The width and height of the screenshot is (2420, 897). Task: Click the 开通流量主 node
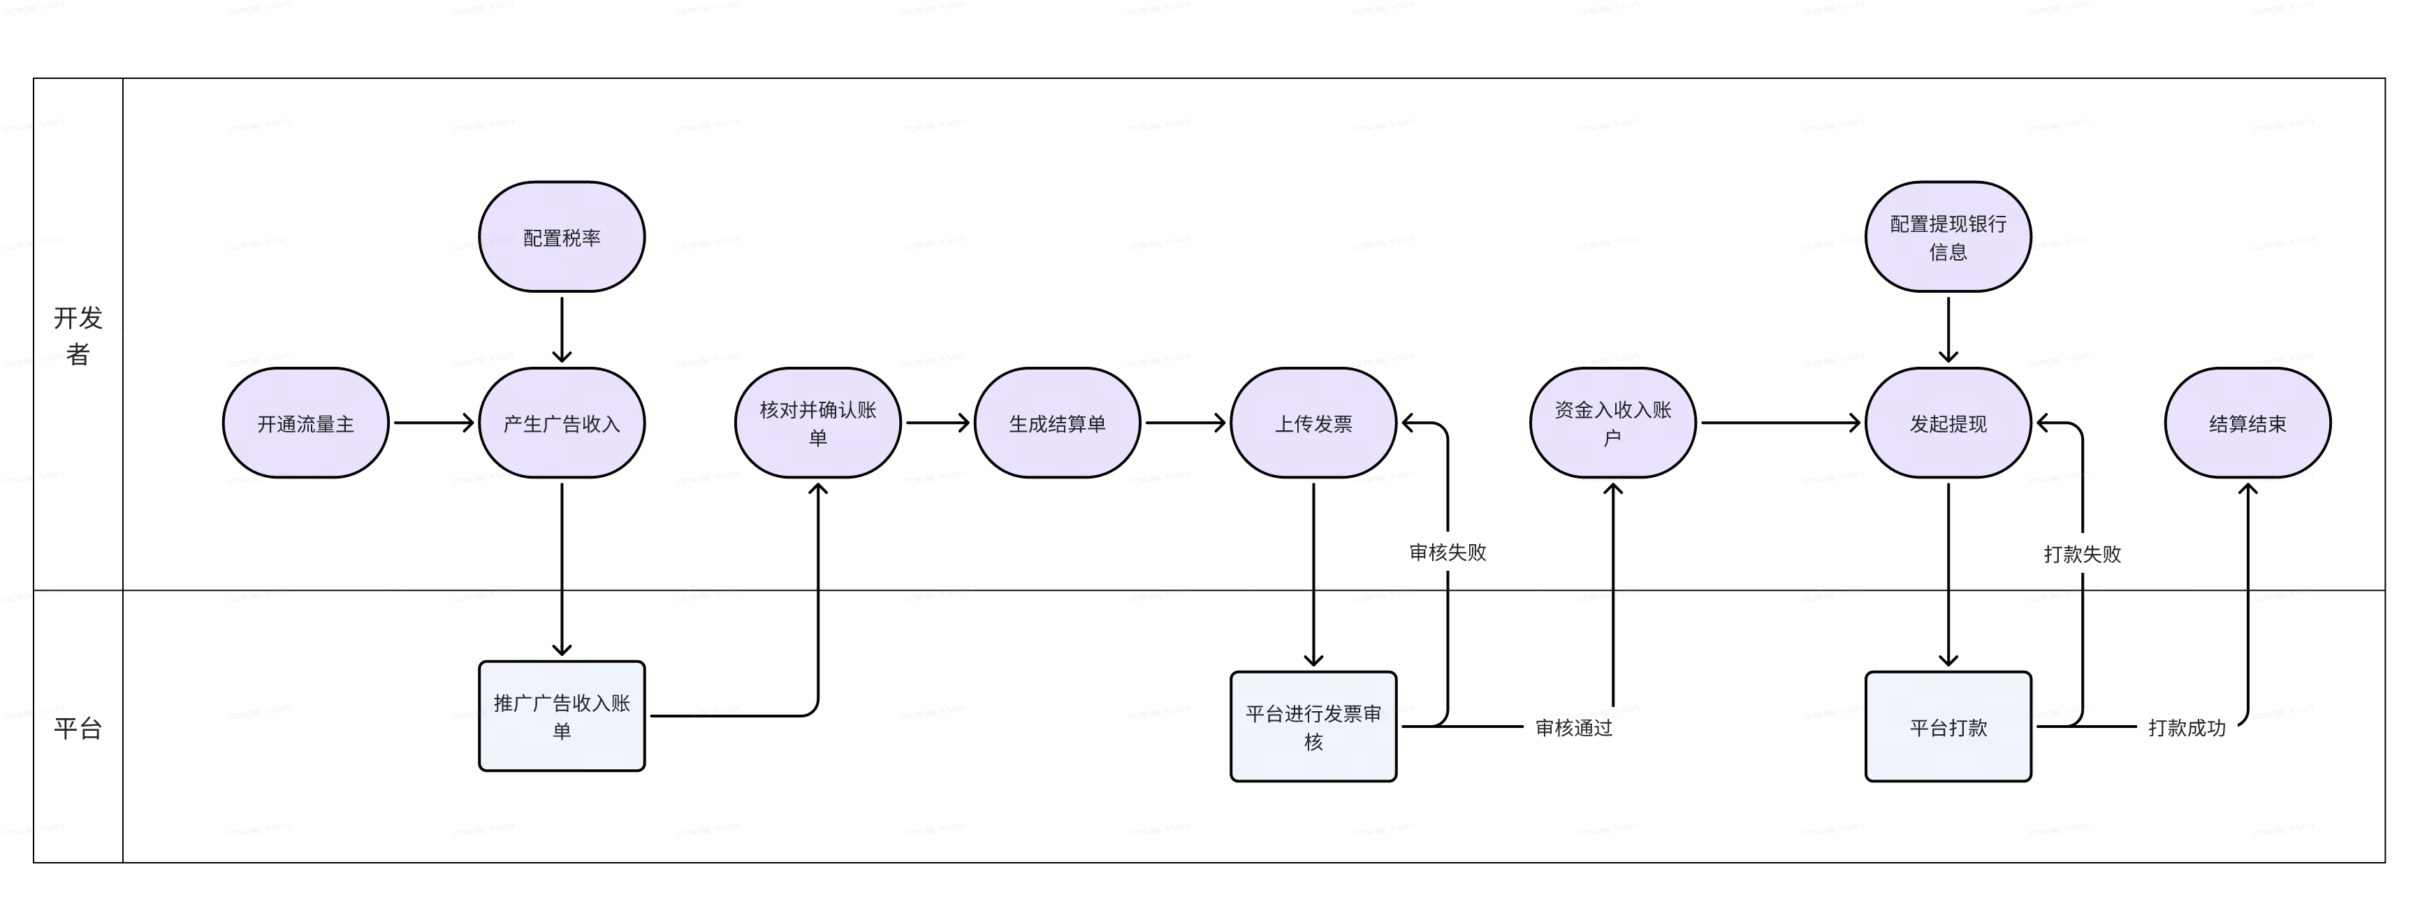coord(305,423)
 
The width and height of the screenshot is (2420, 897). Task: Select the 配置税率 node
coord(562,238)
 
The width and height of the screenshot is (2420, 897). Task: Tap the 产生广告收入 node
coord(562,423)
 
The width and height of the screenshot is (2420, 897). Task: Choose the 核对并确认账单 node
coord(817,423)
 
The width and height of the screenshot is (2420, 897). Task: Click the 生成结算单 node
coord(1057,423)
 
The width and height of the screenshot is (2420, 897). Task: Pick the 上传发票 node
coord(1313,423)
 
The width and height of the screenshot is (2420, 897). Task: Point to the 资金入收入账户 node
coord(1612,423)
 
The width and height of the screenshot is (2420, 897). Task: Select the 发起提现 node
coord(1948,423)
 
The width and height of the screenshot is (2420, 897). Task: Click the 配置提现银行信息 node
coord(1948,238)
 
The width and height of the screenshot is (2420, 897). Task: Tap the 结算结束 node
coord(2247,423)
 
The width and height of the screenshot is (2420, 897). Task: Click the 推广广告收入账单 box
coord(562,717)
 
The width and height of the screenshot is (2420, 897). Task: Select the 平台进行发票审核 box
coord(1313,727)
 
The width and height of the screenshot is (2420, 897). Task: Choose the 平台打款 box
coord(1948,727)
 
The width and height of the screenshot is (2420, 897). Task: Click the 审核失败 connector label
coord(1448,553)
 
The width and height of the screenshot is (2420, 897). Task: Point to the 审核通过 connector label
coord(1573,728)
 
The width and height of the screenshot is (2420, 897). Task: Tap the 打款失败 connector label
coord(2082,554)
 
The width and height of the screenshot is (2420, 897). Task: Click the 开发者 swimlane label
coord(78,335)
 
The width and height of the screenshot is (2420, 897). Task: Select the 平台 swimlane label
coord(78,728)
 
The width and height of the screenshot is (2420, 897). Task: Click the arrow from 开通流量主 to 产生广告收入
coord(433,423)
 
